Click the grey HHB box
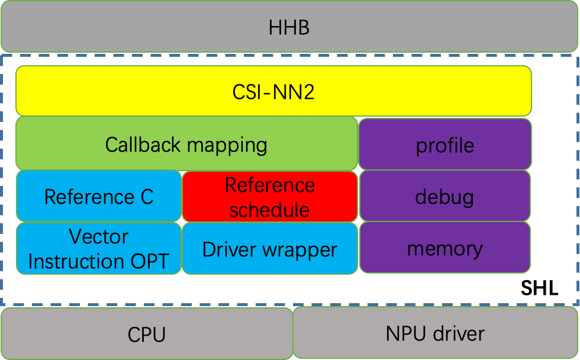coord(289,27)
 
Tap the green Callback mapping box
coord(186,144)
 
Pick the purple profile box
coord(445,144)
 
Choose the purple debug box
coord(445,196)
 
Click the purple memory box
coord(445,248)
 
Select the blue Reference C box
coord(99,196)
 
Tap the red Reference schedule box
coord(270,197)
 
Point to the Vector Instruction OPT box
coord(99,249)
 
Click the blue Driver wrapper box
coord(270,249)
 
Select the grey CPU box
coord(147,334)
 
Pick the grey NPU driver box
coord(435,333)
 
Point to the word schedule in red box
coord(270,210)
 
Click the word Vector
coord(99,236)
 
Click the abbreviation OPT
coord(150,261)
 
